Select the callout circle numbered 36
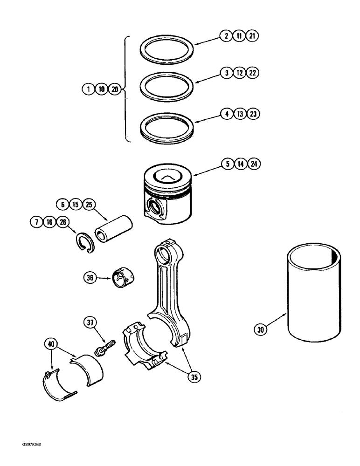point(90,278)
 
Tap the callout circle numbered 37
point(90,322)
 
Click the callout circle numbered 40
point(52,344)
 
